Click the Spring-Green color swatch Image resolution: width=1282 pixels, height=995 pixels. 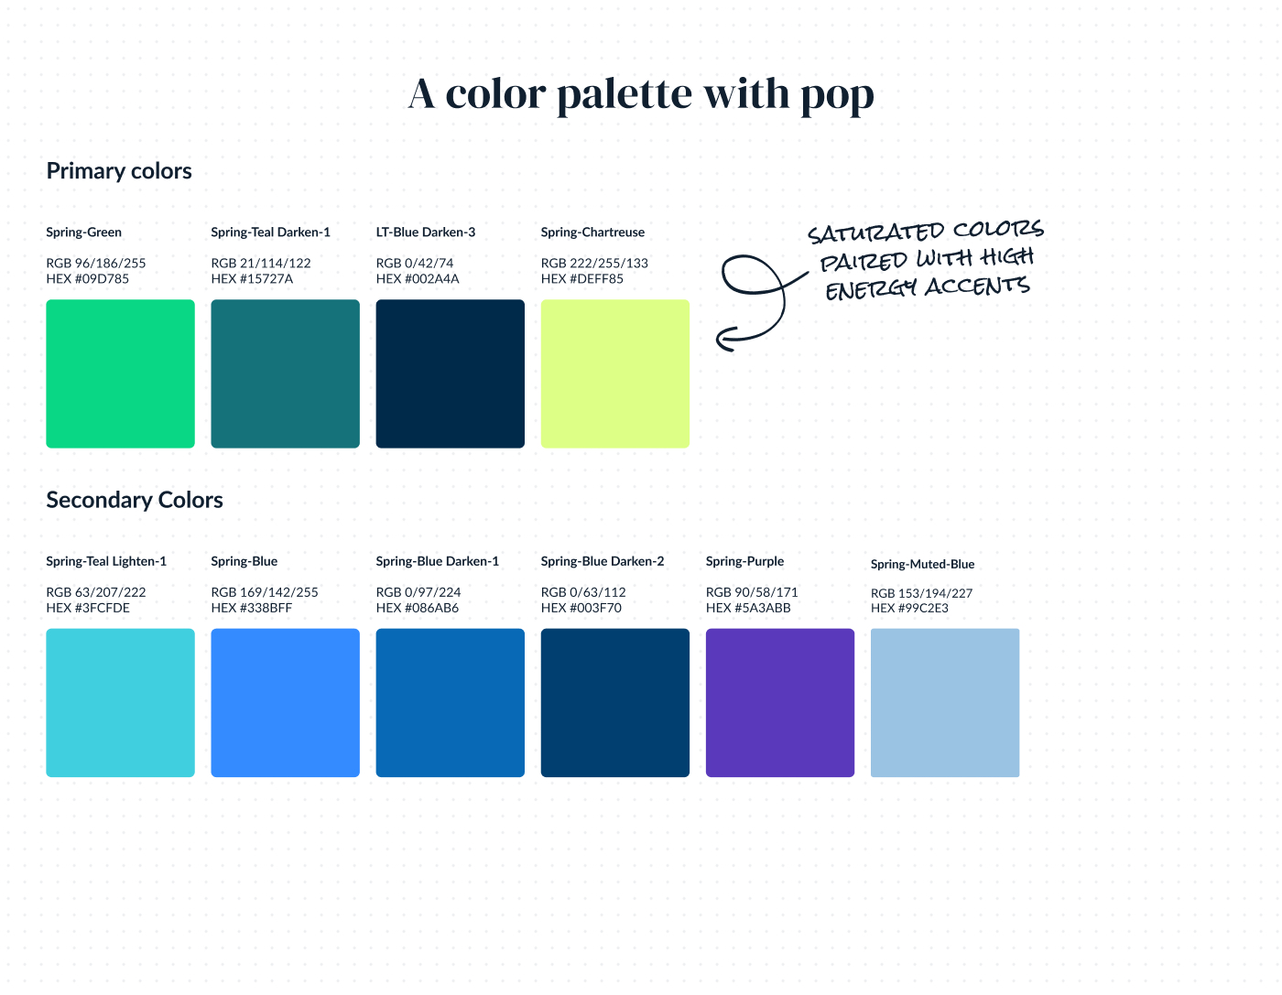120,373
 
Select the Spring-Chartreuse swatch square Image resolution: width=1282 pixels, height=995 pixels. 614,373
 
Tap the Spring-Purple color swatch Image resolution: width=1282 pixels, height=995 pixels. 780,703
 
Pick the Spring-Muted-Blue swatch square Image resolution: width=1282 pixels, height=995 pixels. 944,703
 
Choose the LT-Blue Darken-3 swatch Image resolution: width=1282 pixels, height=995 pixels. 451,373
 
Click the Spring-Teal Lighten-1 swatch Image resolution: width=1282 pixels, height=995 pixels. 120,703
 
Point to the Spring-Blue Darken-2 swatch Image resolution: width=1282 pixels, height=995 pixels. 614,703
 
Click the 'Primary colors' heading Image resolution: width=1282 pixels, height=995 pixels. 119,171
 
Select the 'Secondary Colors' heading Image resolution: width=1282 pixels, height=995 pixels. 135,501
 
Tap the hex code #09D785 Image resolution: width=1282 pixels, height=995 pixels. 102,279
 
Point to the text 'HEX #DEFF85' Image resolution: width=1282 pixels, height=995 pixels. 581,279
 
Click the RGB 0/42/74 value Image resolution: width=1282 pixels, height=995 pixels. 415,263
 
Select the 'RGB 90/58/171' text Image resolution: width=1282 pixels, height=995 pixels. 752,592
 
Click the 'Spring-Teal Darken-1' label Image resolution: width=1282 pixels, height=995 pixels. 271,233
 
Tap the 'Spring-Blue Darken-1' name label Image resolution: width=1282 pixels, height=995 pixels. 437,561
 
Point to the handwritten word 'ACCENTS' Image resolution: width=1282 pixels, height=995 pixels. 977,287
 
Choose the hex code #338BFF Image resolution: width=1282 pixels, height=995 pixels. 266,608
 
